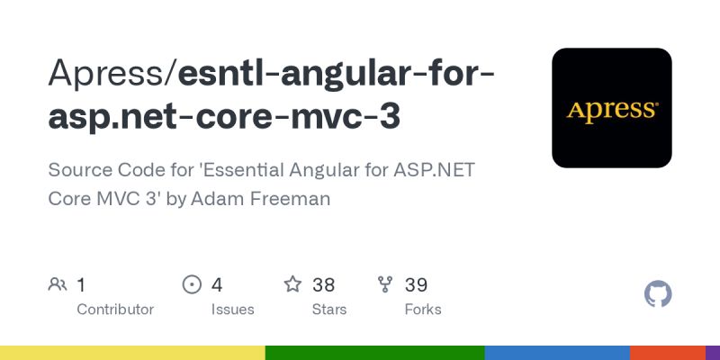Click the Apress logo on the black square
[612, 110]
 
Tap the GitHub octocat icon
[659, 294]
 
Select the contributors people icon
[58, 285]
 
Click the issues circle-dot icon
[192, 285]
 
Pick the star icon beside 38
[292, 285]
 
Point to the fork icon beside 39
[386, 285]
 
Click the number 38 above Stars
[324, 285]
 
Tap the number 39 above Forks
[416, 285]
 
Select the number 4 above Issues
[217, 285]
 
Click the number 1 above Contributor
[82, 285]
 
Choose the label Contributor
[115, 310]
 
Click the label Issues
[232, 310]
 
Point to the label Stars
[330, 310]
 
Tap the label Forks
[423, 310]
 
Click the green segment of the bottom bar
[374, 352]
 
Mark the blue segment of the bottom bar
[557, 352]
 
